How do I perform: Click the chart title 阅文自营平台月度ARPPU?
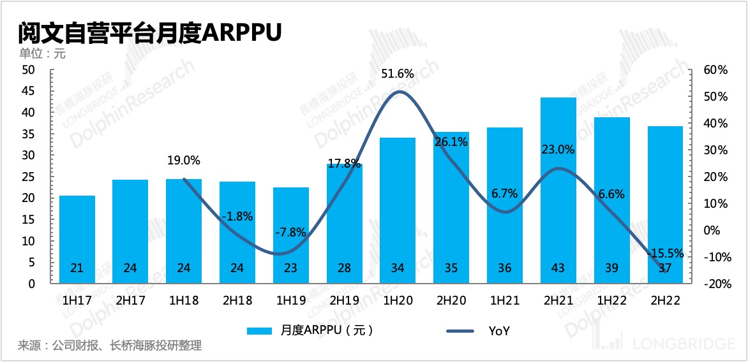[150, 32]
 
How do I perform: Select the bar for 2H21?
[558, 191]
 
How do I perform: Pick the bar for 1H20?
[398, 210]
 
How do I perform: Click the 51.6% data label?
[398, 74]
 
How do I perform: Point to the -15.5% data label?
[665, 253]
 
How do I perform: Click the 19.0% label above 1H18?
[184, 161]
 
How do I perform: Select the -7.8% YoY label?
[290, 233]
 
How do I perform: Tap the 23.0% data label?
[558, 150]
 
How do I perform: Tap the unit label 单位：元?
[43, 54]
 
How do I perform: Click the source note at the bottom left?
[110, 346]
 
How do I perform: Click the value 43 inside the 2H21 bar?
[558, 268]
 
